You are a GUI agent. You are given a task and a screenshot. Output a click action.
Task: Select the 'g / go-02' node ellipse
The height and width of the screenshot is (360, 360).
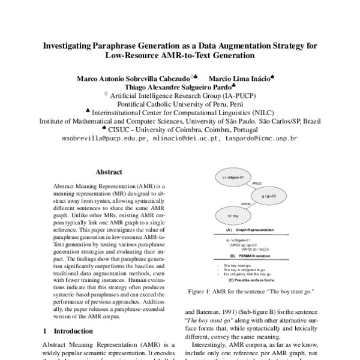(268, 196)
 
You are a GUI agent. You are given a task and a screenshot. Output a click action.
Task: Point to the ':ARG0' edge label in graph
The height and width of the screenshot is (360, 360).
(245, 204)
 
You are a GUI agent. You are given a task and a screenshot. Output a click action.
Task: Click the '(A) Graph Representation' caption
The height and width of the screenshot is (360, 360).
(246, 230)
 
